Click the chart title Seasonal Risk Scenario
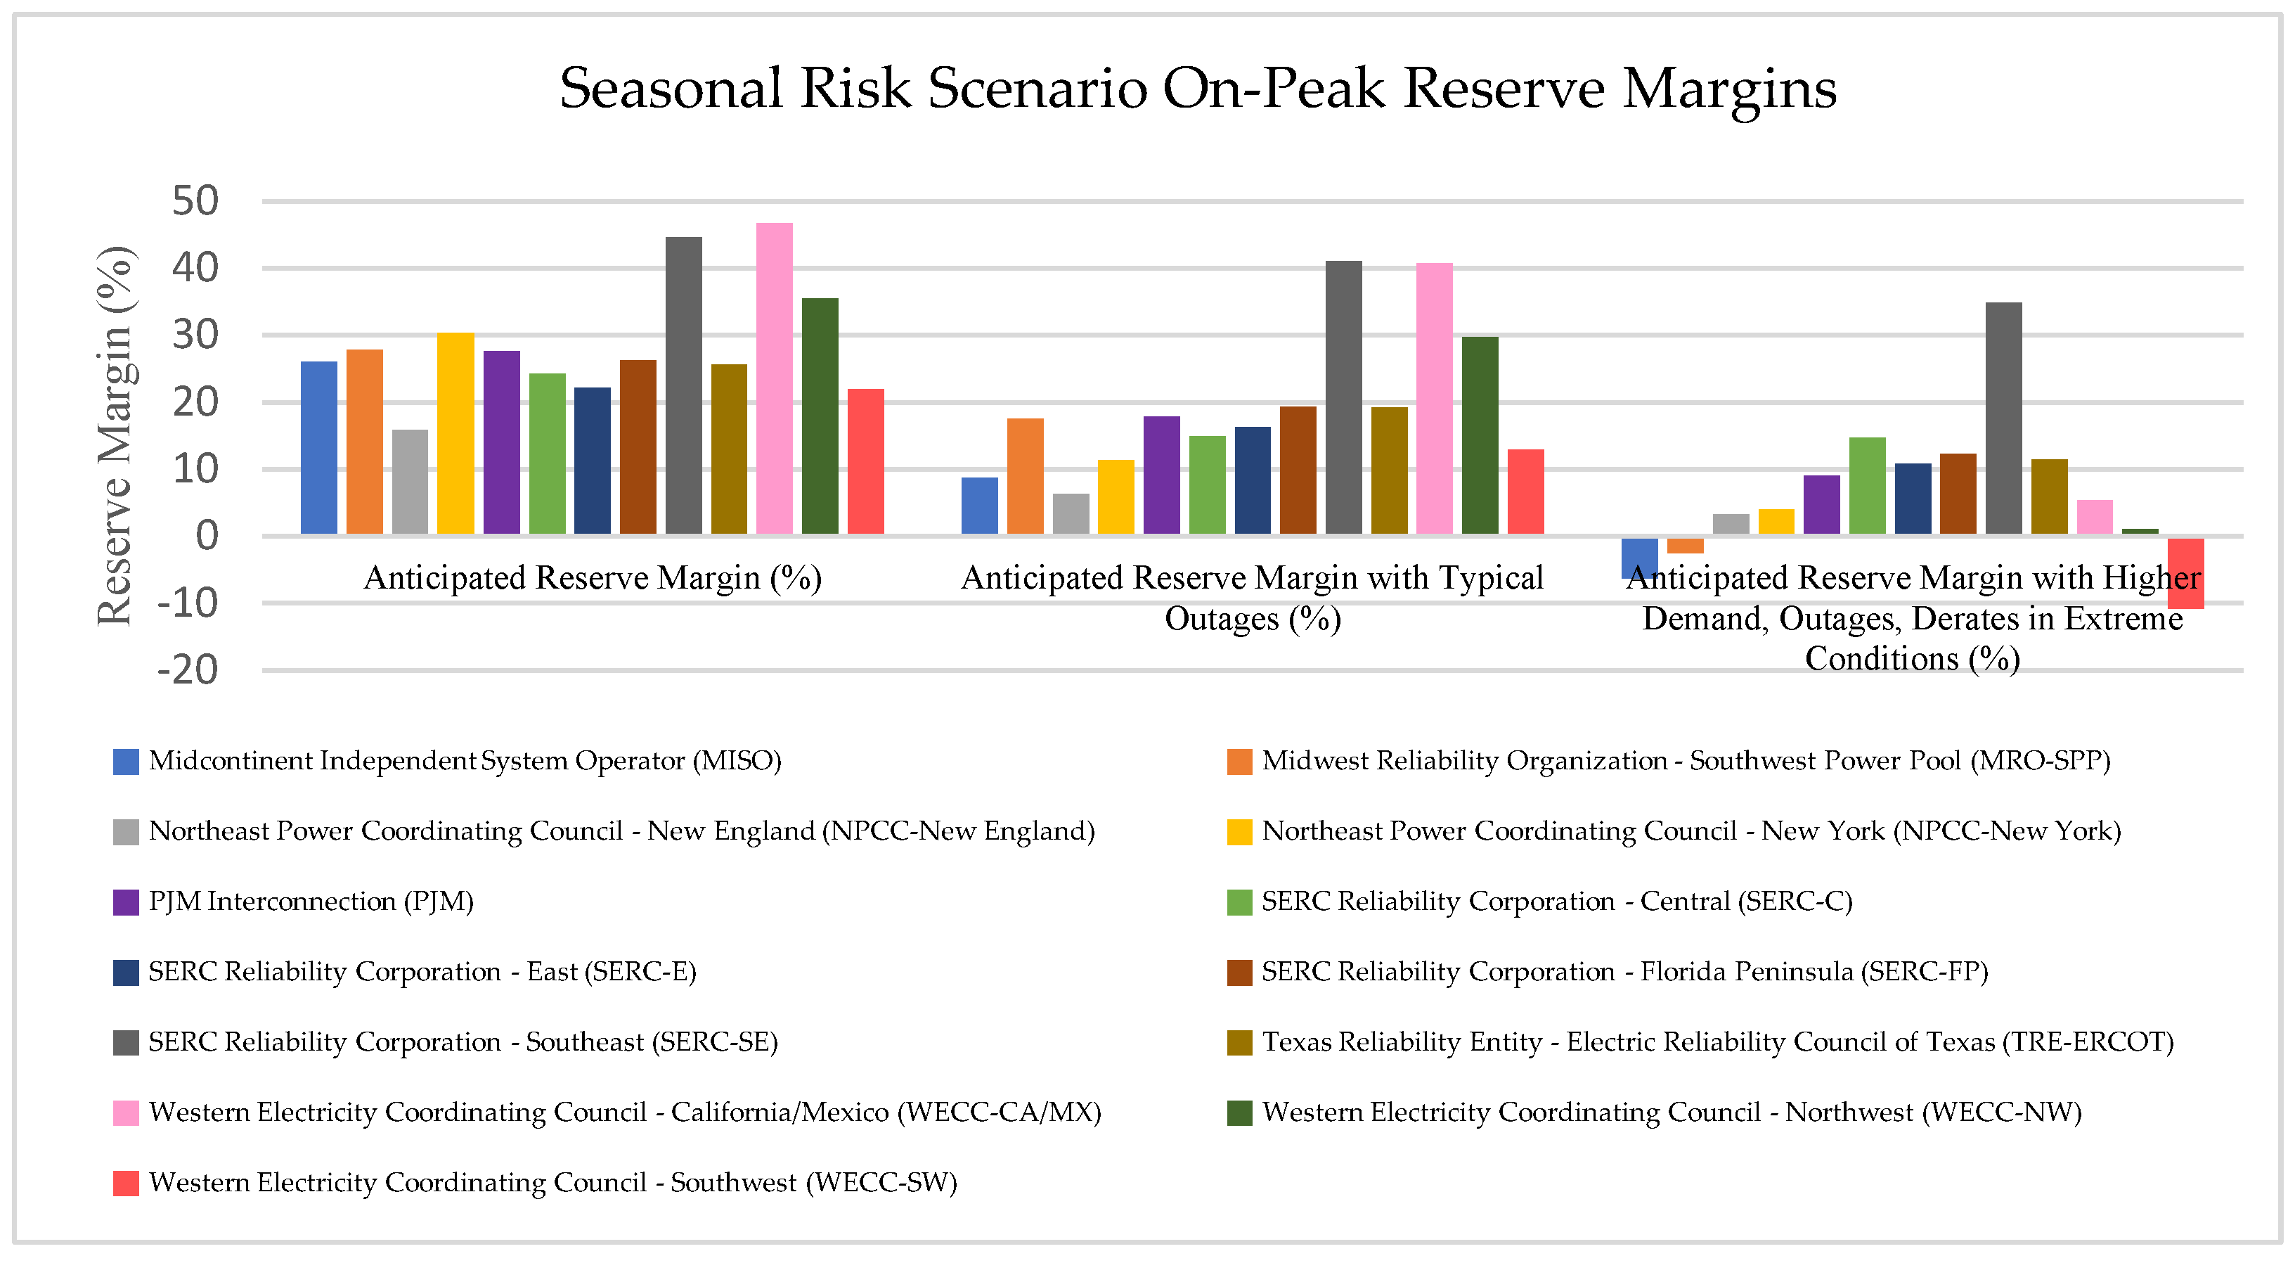click(1197, 89)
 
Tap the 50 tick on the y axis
click(195, 201)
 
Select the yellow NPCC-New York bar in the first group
click(455, 433)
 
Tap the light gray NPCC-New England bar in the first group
click(410, 481)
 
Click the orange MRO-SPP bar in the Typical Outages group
click(1025, 476)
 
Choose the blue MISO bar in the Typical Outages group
click(979, 506)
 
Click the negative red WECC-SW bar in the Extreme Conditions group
click(2185, 573)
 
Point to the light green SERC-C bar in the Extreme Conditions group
click(1868, 486)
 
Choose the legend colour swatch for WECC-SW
click(126, 1183)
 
